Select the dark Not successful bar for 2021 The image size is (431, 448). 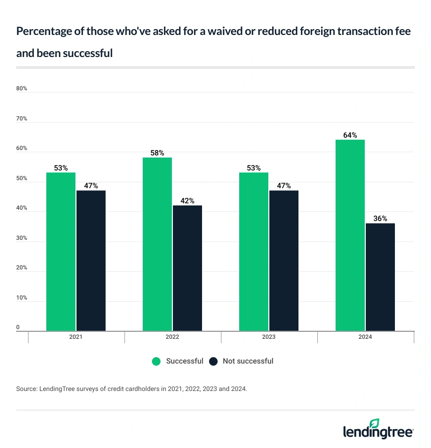tap(91, 260)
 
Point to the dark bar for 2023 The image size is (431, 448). tap(284, 260)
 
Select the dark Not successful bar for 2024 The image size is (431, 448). tap(380, 277)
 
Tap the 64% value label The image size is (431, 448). tap(350, 135)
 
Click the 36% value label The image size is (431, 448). tap(380, 218)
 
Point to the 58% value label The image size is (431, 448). tap(157, 153)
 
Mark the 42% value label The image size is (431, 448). tap(187, 201)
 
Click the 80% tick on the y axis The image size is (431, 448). tap(22, 89)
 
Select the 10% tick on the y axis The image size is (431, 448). tap(22, 298)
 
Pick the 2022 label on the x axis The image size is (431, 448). tap(172, 337)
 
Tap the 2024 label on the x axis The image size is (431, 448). tap(365, 337)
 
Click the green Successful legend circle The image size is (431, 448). tap(157, 361)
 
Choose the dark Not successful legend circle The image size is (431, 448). tap(213, 361)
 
